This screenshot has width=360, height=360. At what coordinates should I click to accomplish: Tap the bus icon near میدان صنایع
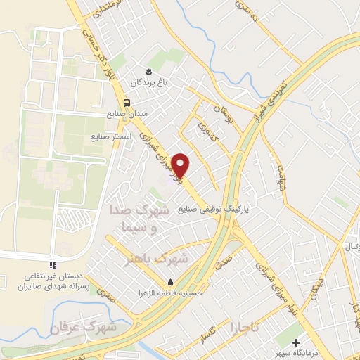tap(127, 101)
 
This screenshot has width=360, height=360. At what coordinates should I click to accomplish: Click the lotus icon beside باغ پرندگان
tap(148, 71)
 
